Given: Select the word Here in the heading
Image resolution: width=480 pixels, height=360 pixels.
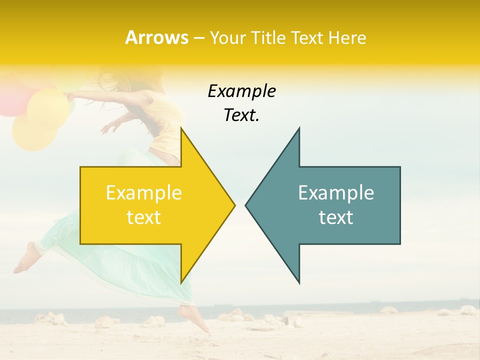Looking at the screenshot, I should click(x=347, y=37).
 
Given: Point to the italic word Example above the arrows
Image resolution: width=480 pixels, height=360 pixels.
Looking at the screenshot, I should click(x=241, y=91).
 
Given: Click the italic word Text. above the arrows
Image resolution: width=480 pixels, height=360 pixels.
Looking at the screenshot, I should click(x=241, y=115).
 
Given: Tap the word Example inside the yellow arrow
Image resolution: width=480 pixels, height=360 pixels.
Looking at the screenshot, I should click(x=144, y=193).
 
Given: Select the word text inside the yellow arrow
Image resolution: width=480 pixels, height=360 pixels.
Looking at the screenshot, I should click(x=144, y=217).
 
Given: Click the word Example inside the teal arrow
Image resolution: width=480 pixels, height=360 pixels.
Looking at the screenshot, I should click(x=336, y=193).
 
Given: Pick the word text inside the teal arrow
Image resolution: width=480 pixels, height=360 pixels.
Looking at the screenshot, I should click(x=336, y=217).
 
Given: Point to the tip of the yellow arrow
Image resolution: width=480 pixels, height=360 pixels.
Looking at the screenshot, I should click(x=234, y=205).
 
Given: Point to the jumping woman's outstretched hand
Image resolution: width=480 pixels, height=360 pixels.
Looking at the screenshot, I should click(x=108, y=127).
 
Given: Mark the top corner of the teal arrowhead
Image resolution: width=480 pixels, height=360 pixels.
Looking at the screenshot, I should click(x=299, y=128).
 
